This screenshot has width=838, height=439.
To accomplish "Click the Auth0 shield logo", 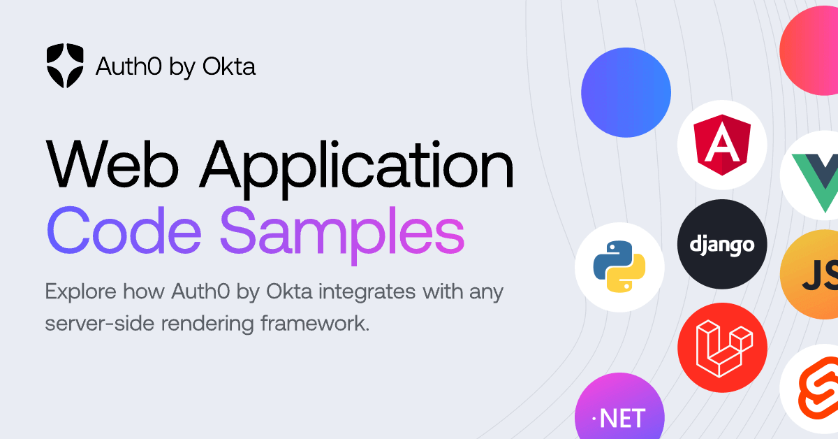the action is [x=65, y=66].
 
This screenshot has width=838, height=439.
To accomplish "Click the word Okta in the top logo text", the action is [x=229, y=66].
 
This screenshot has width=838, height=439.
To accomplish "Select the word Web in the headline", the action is [x=112, y=164].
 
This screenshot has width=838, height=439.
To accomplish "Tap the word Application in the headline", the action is [x=357, y=168].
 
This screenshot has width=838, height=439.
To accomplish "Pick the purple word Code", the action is [x=124, y=231].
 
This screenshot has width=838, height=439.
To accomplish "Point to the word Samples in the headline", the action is [x=342, y=235].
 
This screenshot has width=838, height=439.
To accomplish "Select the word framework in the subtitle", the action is [x=315, y=323].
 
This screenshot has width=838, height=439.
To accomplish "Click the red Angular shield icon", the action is [x=722, y=145].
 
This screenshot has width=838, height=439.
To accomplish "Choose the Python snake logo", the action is [x=619, y=267].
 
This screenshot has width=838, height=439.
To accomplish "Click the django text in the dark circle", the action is [x=722, y=246].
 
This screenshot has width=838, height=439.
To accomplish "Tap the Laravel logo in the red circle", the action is [x=724, y=348].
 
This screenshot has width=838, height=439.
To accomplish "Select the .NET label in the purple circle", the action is [x=619, y=418].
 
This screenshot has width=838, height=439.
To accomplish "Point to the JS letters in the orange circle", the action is [x=820, y=275].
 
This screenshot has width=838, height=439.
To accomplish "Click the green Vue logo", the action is [x=816, y=182].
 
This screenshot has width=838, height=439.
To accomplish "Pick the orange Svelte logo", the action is [x=818, y=388].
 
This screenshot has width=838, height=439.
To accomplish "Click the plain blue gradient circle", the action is [x=626, y=92].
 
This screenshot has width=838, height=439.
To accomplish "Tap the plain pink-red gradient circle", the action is [x=809, y=50].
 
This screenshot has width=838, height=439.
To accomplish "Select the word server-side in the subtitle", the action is [x=99, y=323].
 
